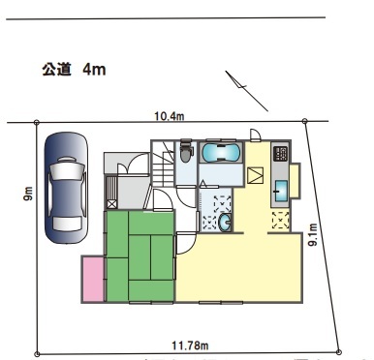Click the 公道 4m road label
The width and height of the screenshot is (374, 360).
[x=74, y=70]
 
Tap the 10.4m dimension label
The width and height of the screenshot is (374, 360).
[x=170, y=116]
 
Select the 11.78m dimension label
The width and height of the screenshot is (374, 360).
[x=190, y=345]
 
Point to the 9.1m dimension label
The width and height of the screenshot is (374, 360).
[x=314, y=234]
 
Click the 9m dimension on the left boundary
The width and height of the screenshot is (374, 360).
[x=28, y=194]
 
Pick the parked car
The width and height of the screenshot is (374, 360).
[x=67, y=188]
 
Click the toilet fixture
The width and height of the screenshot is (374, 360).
[x=186, y=151]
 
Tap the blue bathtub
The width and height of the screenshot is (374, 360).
[x=221, y=153]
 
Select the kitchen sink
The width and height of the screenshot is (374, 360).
[x=281, y=191]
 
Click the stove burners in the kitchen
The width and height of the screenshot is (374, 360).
[x=280, y=154]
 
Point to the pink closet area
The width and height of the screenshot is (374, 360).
[x=93, y=279]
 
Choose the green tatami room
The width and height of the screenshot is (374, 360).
[x=140, y=256]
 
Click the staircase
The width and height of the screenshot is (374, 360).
[x=164, y=165]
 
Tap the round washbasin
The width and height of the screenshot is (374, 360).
[x=225, y=223]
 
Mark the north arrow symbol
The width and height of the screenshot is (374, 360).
[x=246, y=91]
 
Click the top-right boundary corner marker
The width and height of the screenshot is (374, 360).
[x=304, y=121]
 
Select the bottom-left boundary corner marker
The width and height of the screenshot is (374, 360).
[x=37, y=353]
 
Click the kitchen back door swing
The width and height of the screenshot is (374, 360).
[x=256, y=135]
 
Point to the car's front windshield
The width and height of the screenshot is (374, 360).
[x=67, y=167]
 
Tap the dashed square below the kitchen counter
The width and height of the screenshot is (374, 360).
[x=280, y=220]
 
